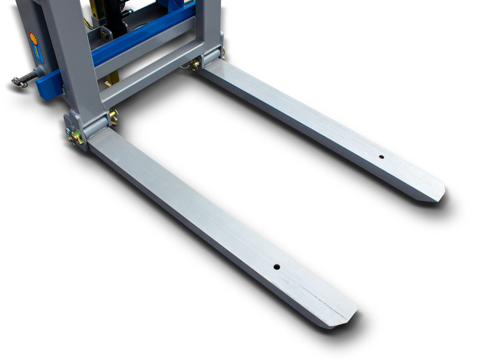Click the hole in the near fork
pyautogui.click(x=276, y=266)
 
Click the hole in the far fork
pyautogui.click(x=381, y=157)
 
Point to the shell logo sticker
pyautogui.click(x=33, y=40)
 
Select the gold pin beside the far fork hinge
pyautogui.click(x=194, y=65)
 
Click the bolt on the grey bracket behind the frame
pyautogui.click(x=105, y=35)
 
